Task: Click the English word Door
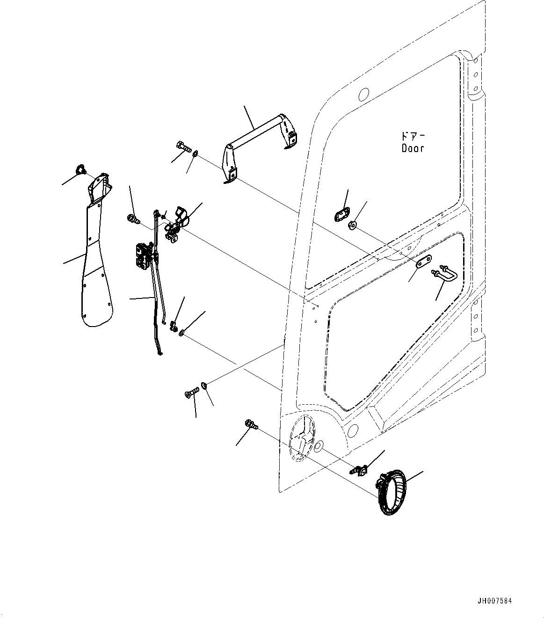[x=413, y=148]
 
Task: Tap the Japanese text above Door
[x=412, y=136]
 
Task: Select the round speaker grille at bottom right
[x=391, y=493]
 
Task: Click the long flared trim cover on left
[x=96, y=253]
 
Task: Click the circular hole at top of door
[x=363, y=94]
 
